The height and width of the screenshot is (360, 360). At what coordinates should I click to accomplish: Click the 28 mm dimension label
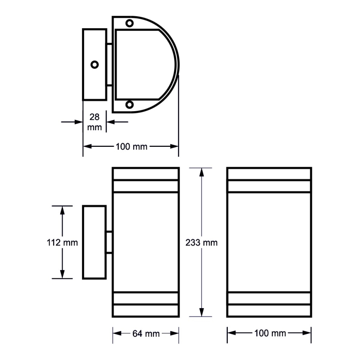[x=95, y=122]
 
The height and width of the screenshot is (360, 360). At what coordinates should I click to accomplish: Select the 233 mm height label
[x=201, y=243]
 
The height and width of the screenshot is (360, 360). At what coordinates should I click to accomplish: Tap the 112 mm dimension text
[x=62, y=243]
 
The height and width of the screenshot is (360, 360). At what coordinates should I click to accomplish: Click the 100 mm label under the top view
[x=131, y=146]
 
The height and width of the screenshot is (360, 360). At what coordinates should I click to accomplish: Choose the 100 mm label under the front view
[x=269, y=333]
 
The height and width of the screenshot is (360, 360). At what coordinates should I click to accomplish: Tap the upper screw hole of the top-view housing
[x=130, y=23]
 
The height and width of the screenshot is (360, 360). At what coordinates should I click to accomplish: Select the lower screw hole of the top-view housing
[x=130, y=105]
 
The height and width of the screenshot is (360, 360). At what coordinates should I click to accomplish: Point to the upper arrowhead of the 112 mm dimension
[x=63, y=209]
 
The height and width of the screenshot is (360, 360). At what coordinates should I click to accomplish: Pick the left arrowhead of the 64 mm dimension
[x=117, y=333]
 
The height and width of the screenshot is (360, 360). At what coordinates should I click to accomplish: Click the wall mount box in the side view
[x=94, y=242]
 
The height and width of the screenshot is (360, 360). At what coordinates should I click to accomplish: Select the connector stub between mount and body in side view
[x=109, y=242]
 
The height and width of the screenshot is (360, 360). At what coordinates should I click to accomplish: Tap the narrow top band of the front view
[x=269, y=186]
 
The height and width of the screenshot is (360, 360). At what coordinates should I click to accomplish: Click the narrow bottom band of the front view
[x=269, y=298]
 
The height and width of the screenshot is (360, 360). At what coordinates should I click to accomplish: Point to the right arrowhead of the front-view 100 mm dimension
[x=307, y=333]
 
